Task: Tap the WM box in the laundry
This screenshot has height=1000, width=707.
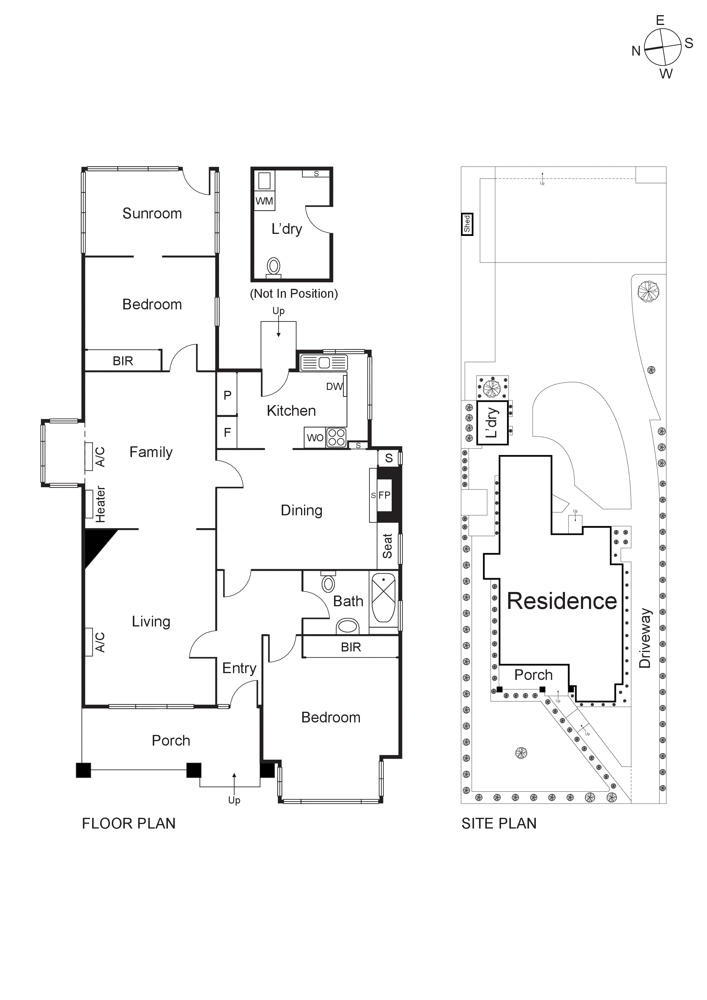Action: coord(264,201)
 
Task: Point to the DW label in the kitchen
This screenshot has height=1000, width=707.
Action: coord(334,386)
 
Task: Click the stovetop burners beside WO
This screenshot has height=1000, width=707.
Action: coord(337,437)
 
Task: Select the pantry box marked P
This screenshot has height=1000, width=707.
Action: coord(227,395)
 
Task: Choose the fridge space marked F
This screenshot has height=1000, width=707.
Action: coord(227,432)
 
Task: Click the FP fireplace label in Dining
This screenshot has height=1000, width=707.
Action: coord(384,495)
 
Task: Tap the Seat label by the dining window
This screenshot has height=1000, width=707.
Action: coord(387,546)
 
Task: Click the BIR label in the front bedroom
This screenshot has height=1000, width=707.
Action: coord(351,647)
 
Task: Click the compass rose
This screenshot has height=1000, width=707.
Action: coord(662,47)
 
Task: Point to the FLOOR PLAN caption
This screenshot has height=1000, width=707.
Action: coord(128,823)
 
